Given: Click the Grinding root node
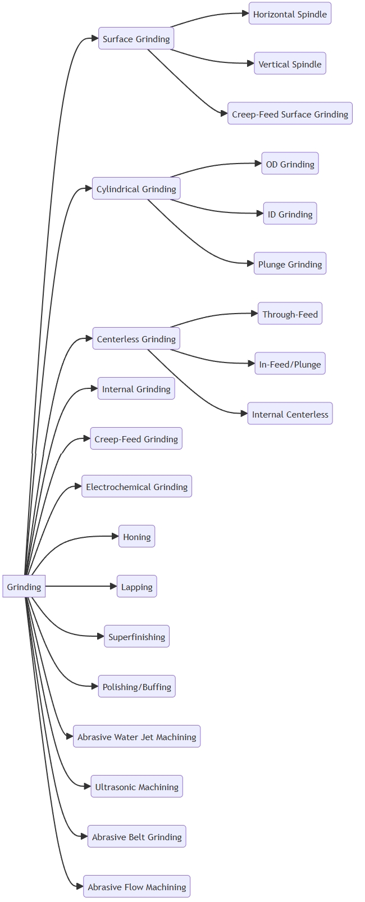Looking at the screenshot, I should (x=24, y=586).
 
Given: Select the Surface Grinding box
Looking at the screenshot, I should (x=136, y=39).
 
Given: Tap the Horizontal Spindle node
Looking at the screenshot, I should (x=290, y=14).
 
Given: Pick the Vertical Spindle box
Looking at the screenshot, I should (x=290, y=64).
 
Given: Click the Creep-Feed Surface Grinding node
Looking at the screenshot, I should (x=290, y=114).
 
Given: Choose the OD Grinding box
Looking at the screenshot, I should (x=290, y=164).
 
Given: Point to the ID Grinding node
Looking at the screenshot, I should (x=290, y=214).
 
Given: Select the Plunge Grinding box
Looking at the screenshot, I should (x=290, y=264).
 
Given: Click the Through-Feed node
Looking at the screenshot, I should (x=290, y=314).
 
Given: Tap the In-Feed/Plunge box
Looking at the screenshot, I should (x=290, y=364).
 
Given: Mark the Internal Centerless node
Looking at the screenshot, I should (x=290, y=414).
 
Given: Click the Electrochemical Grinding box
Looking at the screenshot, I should (x=136, y=487).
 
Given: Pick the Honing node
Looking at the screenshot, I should (x=136, y=537).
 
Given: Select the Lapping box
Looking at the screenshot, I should (x=136, y=587).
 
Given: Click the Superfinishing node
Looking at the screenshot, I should (x=136, y=637).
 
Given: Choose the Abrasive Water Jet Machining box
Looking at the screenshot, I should (x=136, y=737).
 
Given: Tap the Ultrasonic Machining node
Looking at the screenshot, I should (x=136, y=787).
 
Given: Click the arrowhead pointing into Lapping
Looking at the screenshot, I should (x=113, y=586).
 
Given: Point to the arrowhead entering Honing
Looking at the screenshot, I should (x=115, y=536).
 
